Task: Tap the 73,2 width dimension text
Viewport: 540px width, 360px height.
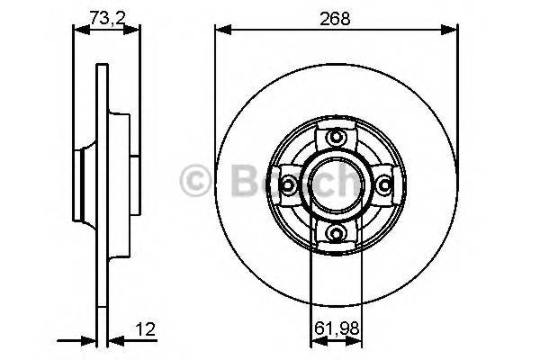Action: coord(106,14)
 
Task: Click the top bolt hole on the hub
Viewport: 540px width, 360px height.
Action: coord(337,137)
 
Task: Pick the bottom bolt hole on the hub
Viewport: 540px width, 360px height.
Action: coord(337,234)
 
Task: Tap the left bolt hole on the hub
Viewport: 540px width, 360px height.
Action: coord(288,185)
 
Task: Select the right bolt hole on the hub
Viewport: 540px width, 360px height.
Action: coord(385,185)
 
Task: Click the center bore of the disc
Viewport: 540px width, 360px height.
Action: coord(337,184)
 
